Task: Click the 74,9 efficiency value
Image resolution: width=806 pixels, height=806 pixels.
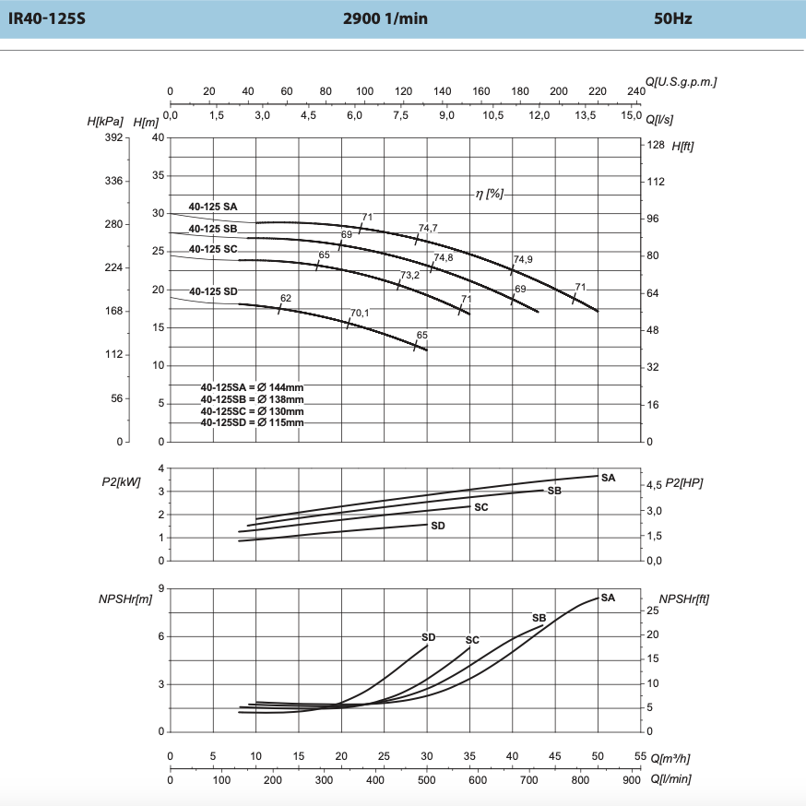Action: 523,260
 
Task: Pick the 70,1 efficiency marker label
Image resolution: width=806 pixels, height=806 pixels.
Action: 360,313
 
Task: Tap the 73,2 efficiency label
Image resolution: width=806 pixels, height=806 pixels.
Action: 410,276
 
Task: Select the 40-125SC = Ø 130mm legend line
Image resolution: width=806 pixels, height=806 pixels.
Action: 252,410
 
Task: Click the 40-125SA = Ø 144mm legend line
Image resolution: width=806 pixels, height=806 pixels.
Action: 252,387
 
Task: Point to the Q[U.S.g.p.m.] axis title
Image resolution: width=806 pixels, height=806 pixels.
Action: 682,82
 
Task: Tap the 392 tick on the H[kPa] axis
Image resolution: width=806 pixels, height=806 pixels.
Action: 113,137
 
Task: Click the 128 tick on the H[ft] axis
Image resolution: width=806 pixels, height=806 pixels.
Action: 657,145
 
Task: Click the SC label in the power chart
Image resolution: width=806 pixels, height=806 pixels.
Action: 481,507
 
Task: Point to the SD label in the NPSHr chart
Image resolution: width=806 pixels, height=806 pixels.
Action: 428,636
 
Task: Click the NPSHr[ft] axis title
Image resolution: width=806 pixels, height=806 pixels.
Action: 684,598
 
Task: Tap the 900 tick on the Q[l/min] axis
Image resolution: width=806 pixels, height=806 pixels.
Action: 632,780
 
